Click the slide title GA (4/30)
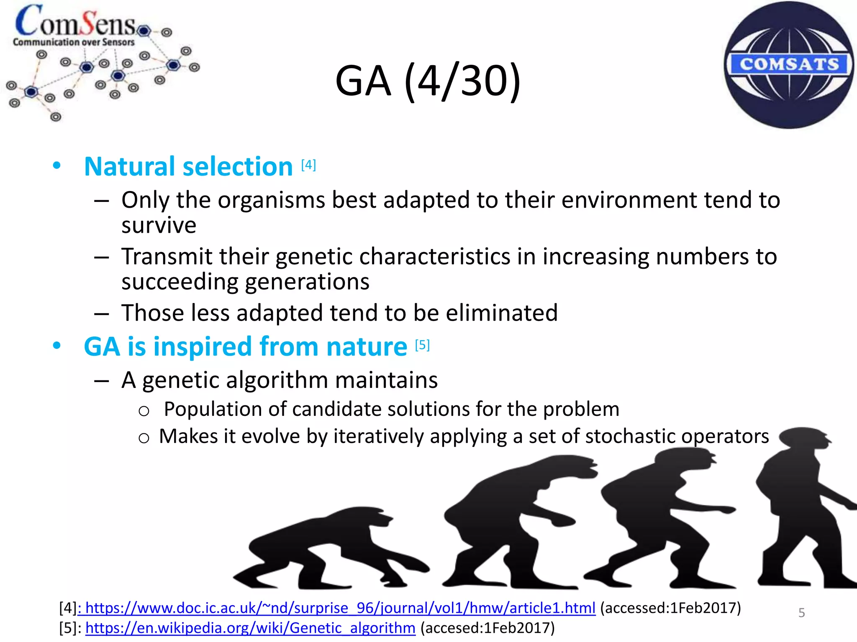tap(428, 81)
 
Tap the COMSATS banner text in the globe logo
tap(789, 64)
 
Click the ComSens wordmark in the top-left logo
tap(75, 22)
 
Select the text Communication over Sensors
tap(74, 42)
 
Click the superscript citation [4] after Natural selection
tap(308, 165)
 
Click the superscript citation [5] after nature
tap(422, 345)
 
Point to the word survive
tap(159, 226)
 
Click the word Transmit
tap(167, 256)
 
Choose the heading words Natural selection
tap(188, 166)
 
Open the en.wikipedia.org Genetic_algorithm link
tap(250, 628)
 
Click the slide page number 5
tap(801, 613)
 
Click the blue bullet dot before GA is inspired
tap(57, 346)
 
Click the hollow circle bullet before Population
tap(144, 411)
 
